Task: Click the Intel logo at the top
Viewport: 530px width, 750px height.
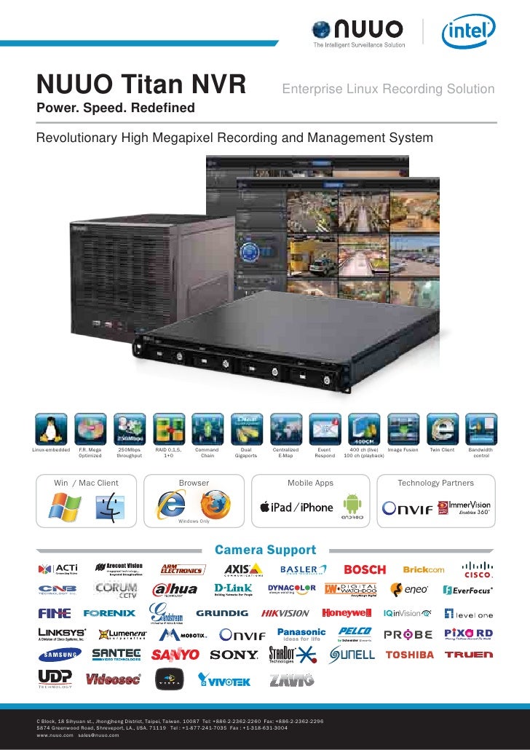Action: pos(468,32)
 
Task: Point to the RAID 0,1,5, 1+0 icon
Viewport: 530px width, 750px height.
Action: pos(169,429)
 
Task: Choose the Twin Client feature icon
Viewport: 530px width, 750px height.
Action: pos(442,429)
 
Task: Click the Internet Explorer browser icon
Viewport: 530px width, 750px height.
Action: pos(173,505)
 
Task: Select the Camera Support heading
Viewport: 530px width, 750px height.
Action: pos(265,550)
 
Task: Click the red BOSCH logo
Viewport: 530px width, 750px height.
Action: pos(365,569)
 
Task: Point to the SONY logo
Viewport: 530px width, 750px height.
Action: pos(234,655)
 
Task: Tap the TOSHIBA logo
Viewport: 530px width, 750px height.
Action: pos(409,655)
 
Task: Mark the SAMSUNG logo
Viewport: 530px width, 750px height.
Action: pos(60,655)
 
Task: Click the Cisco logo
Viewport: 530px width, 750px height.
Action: pos(477,569)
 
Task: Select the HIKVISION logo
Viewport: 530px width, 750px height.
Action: pos(285,613)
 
